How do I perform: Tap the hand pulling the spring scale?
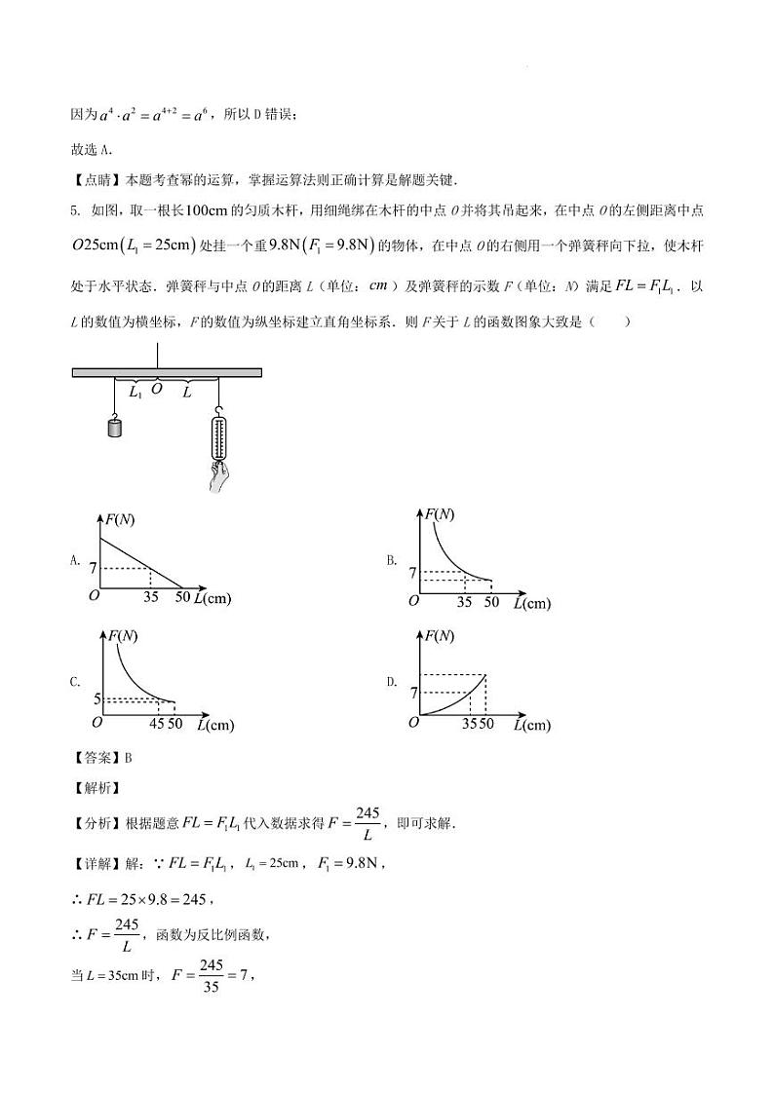(218, 476)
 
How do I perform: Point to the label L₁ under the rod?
(135, 392)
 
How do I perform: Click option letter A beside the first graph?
(75, 560)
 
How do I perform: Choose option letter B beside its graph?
(391, 560)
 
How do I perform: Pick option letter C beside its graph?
(75, 682)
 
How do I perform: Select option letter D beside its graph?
(391, 682)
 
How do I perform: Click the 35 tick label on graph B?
(464, 602)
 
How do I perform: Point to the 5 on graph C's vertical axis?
(97, 698)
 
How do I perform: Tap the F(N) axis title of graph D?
(435, 636)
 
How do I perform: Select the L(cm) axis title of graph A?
(213, 598)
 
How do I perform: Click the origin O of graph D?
(414, 722)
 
